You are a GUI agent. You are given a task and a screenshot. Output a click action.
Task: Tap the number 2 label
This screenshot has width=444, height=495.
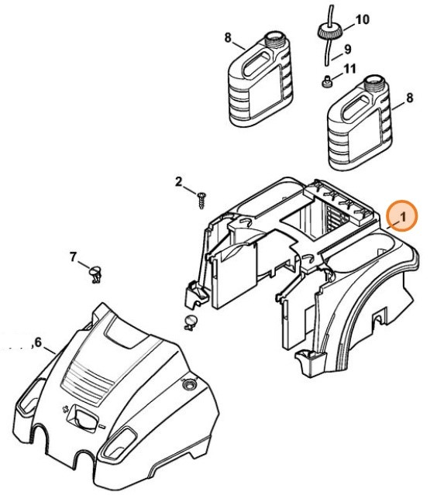point(178,182)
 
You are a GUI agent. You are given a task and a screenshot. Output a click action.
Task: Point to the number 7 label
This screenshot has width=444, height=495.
point(73,256)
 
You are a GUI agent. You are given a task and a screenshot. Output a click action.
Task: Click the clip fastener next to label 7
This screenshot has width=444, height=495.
point(97,272)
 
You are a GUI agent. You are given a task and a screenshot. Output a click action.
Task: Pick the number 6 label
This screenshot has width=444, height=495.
point(37,342)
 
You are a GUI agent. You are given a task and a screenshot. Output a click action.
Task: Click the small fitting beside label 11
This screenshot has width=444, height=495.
point(327,81)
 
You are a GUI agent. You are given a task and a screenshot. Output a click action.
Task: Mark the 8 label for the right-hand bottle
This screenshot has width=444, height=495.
point(409,98)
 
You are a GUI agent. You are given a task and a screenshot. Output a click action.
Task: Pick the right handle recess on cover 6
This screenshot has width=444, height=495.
point(120,444)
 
